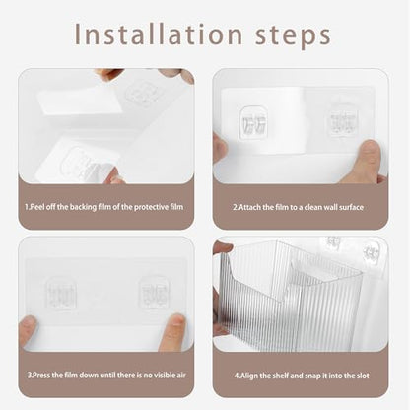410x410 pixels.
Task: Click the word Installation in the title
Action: pos(159,34)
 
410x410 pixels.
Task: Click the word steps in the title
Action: pos(293,36)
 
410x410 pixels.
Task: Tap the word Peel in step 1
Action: pos(37,207)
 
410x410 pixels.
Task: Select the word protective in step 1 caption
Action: pos(151,207)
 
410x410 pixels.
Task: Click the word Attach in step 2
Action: pos(249,207)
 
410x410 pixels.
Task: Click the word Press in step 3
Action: pos(41,375)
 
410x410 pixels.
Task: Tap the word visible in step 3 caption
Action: pos(156,375)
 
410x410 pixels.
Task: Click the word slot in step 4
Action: pos(363,376)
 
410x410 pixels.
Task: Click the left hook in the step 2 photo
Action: pos(253,122)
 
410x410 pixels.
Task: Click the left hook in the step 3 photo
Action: pos(61,294)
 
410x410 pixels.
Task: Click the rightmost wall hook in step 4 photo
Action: pos(372,252)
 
